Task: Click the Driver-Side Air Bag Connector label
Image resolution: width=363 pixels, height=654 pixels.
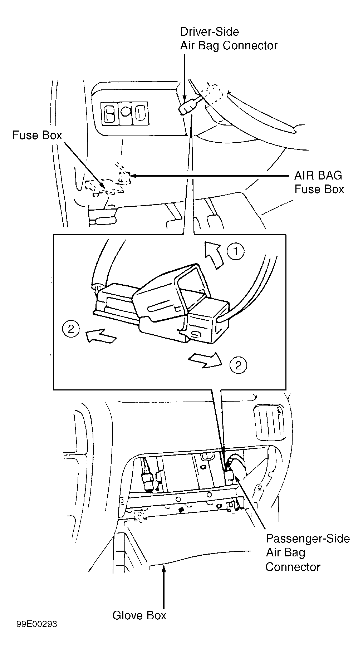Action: (x=229, y=39)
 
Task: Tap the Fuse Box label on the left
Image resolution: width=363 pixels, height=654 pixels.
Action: (x=37, y=135)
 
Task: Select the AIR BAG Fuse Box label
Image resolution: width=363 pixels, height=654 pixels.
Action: (x=319, y=182)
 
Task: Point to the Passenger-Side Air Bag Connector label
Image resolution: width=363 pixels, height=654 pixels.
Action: (x=308, y=553)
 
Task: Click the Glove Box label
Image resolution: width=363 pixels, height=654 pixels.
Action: (x=139, y=615)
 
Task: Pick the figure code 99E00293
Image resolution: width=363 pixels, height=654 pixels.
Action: (x=36, y=634)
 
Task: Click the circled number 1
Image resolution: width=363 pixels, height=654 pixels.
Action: (x=236, y=251)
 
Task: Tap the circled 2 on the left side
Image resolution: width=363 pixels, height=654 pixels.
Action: (x=71, y=329)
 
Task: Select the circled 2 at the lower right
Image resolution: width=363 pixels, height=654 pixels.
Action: (x=239, y=365)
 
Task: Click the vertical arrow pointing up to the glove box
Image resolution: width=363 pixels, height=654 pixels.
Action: (x=164, y=585)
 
